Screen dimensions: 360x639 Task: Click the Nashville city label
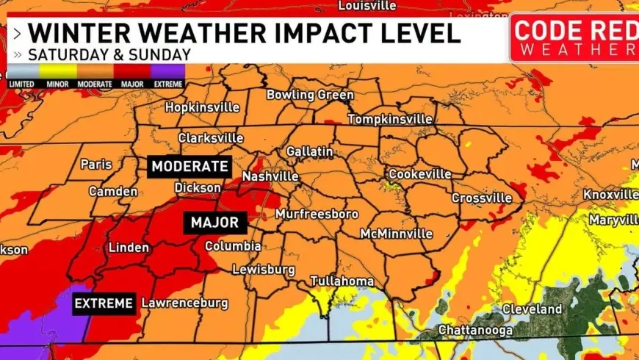click(x=270, y=177)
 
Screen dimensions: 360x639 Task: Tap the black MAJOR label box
click(x=214, y=223)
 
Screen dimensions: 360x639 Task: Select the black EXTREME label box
click(x=104, y=303)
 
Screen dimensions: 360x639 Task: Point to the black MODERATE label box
click(x=189, y=166)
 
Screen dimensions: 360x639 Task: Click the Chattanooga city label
click(x=475, y=331)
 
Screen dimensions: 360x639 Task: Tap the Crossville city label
click(x=482, y=198)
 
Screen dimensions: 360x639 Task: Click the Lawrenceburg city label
click(x=184, y=303)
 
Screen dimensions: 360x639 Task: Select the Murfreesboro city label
click(x=317, y=215)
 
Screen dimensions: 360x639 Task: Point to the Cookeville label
click(x=419, y=174)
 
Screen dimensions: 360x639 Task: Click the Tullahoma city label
click(x=342, y=281)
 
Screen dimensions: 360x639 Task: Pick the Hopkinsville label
click(x=202, y=107)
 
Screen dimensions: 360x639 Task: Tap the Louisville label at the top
click(x=367, y=6)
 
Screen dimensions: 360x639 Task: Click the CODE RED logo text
click(x=574, y=31)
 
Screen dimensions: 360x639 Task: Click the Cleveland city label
click(x=532, y=309)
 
